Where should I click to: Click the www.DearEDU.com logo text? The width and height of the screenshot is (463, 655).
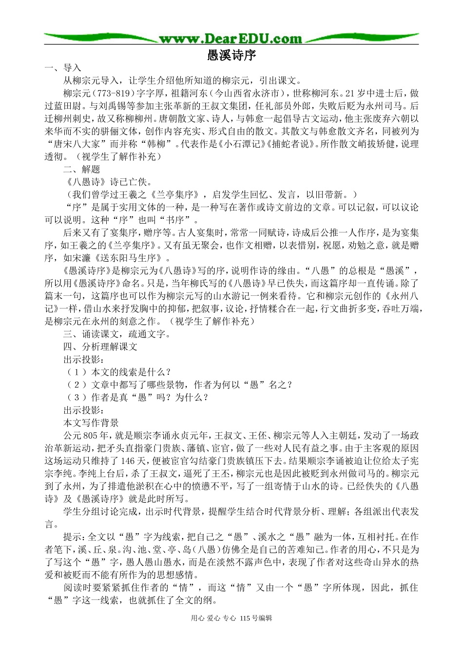231,39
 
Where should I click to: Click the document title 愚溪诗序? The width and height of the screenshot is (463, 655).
231,55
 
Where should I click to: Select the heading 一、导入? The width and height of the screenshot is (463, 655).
62,68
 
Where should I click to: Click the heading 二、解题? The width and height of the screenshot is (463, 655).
81,169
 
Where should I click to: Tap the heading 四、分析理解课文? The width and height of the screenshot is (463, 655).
100,347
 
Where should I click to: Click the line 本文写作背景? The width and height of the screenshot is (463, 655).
91,423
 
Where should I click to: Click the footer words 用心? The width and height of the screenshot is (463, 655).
197,618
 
